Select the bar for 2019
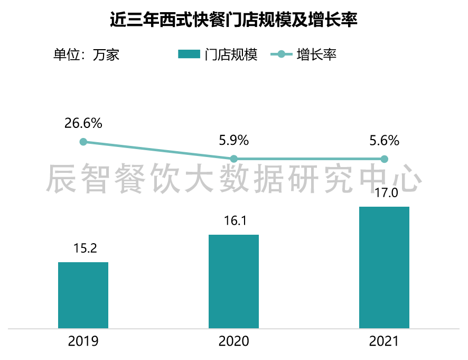coord(83,295)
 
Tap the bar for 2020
coord(233,281)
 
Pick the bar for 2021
coord(384,267)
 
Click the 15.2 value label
coord(83,248)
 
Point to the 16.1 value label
coord(233,220)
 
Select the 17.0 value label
coord(384,193)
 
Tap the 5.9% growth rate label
coord(233,141)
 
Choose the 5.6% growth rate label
coord(384,141)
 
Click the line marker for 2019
coord(83,142)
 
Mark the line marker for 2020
coord(234,159)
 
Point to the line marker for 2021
coord(385,159)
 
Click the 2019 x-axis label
coord(83,341)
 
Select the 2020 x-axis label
coord(233,341)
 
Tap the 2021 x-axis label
coord(384,341)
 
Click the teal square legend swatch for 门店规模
coord(189,54)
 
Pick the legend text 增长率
coord(317,54)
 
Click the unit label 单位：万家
coord(86,54)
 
